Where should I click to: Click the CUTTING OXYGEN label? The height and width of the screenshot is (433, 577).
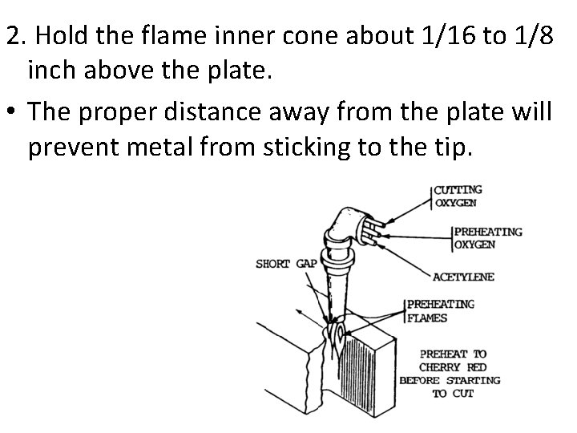[458, 196]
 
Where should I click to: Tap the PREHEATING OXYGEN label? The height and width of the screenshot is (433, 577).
[487, 237]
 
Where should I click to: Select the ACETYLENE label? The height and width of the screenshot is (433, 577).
[462, 277]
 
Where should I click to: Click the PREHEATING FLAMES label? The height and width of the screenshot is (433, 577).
[441, 310]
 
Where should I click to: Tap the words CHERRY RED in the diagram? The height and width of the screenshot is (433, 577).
[453, 366]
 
